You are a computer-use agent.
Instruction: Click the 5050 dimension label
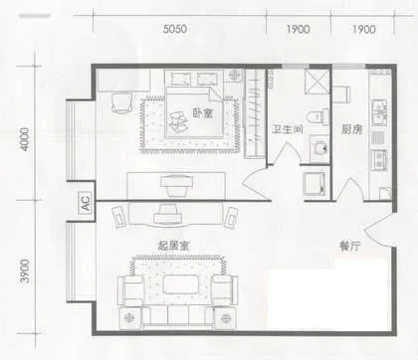coord(175,29)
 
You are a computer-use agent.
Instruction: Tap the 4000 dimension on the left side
coord(25,139)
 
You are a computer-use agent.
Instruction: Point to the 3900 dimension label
coord(25,271)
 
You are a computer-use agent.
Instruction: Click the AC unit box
coord(86,202)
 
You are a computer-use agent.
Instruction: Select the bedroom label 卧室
coord(203,113)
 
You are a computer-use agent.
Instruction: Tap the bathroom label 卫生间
coord(288,129)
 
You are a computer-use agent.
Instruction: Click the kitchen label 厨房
coord(351,129)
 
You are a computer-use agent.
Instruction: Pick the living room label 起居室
coord(173,246)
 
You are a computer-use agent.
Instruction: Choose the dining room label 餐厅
coord(349,247)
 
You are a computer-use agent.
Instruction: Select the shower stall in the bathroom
coord(317,82)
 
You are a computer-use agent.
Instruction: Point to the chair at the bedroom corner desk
coord(121,102)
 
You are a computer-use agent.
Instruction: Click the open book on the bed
coord(179,120)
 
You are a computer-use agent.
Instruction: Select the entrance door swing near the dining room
coord(379,230)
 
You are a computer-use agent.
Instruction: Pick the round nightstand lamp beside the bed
coord(235,76)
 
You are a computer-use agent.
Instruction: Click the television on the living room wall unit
coord(168,214)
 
